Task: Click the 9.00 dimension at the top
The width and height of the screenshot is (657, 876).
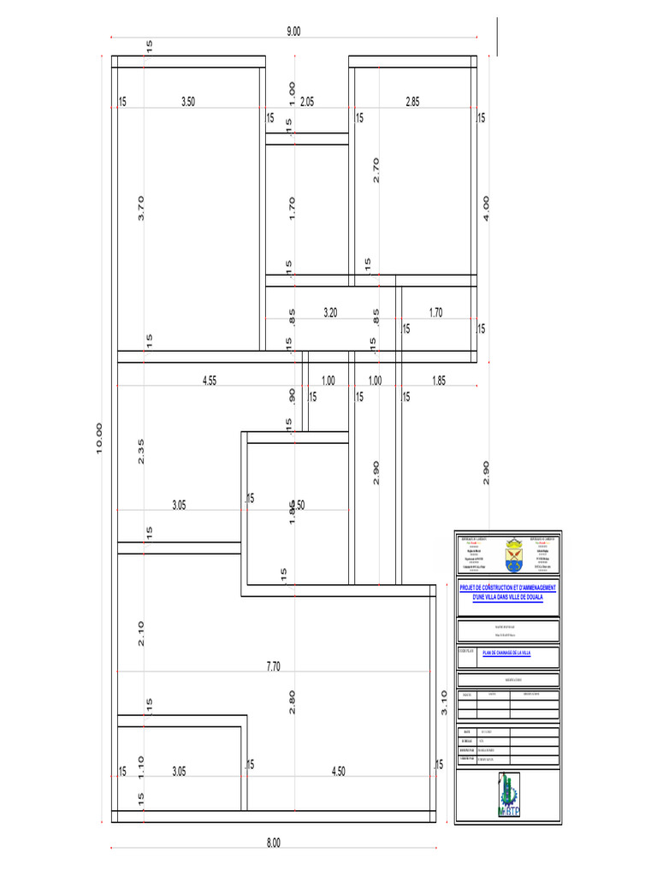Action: pos(293,32)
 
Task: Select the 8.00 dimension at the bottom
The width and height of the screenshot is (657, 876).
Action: pos(273,843)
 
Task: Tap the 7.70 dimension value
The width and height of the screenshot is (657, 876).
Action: pos(272,666)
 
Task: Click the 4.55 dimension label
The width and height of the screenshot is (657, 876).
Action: pos(210,381)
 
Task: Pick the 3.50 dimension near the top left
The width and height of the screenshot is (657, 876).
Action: pos(188,101)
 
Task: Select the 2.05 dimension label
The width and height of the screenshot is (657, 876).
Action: pos(307,101)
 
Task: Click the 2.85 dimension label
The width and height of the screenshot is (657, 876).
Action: pos(412,101)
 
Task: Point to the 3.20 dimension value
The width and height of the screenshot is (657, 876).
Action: pos(330,313)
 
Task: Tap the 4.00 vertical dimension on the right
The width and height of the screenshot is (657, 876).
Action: pos(486,208)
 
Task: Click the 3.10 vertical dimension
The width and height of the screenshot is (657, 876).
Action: pos(443,702)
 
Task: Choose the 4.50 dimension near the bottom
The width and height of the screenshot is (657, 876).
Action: pos(338,772)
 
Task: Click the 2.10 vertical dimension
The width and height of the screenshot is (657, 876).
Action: pos(141,633)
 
